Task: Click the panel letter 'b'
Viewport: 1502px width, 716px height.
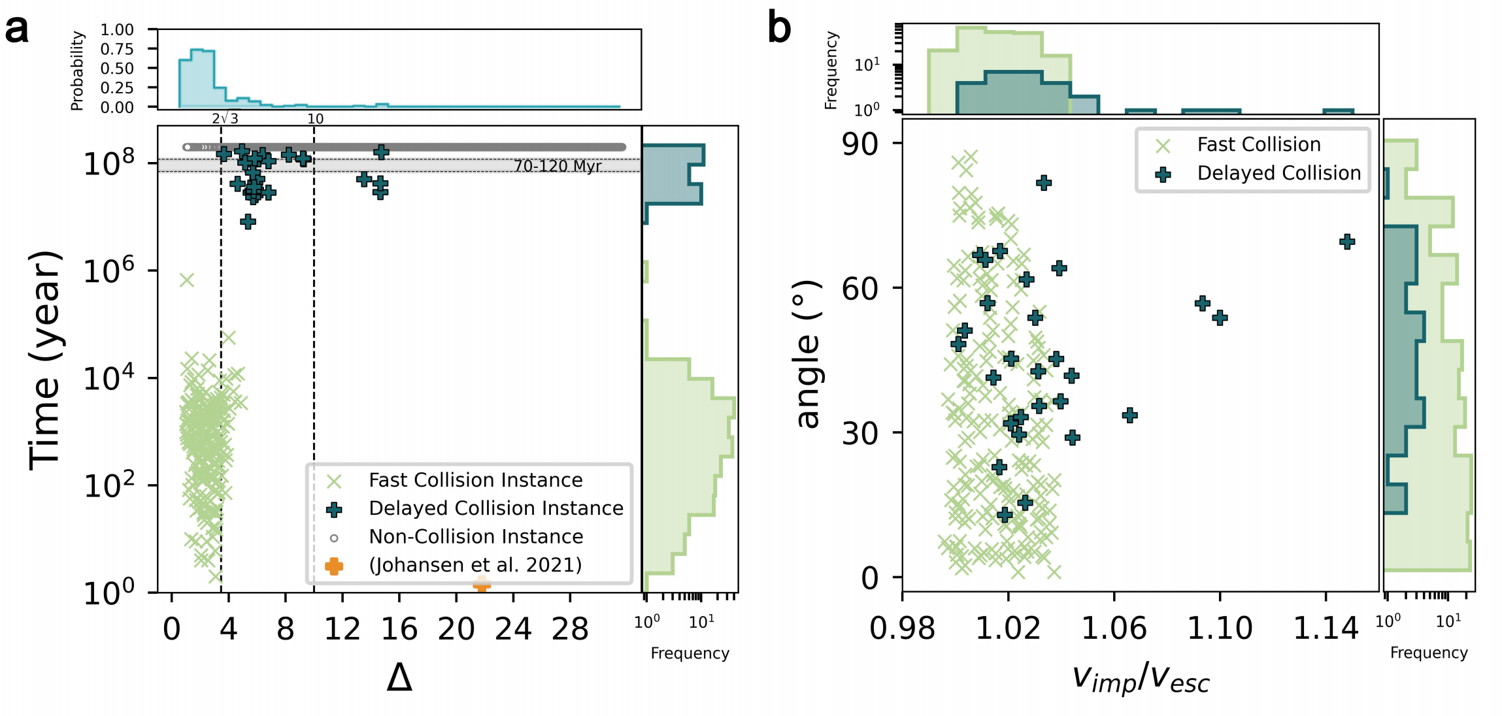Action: point(779,28)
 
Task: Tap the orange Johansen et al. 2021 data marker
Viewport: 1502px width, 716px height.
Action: point(482,583)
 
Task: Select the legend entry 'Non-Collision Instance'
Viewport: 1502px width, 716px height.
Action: point(475,537)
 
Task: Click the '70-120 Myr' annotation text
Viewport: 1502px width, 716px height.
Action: point(557,166)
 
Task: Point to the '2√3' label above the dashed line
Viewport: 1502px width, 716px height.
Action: point(225,118)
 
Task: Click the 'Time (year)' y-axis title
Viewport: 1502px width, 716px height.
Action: point(45,359)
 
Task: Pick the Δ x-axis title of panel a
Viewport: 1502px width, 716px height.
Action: point(399,678)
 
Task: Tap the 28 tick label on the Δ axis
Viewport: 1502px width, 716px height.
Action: point(570,629)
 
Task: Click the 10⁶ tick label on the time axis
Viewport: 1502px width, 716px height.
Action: point(108,269)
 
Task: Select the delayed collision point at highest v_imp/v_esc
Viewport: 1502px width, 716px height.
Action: point(1346,242)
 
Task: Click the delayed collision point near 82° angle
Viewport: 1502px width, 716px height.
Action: point(1044,182)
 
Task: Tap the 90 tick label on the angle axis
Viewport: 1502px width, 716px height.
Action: point(859,144)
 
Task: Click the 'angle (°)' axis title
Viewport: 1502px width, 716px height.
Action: point(808,354)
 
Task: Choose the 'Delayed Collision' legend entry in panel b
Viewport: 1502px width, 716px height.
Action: point(1278,173)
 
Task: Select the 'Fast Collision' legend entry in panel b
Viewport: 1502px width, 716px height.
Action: point(1258,144)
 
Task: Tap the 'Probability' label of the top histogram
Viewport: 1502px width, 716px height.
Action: point(77,71)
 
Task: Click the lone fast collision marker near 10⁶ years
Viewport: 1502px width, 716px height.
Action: point(187,280)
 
